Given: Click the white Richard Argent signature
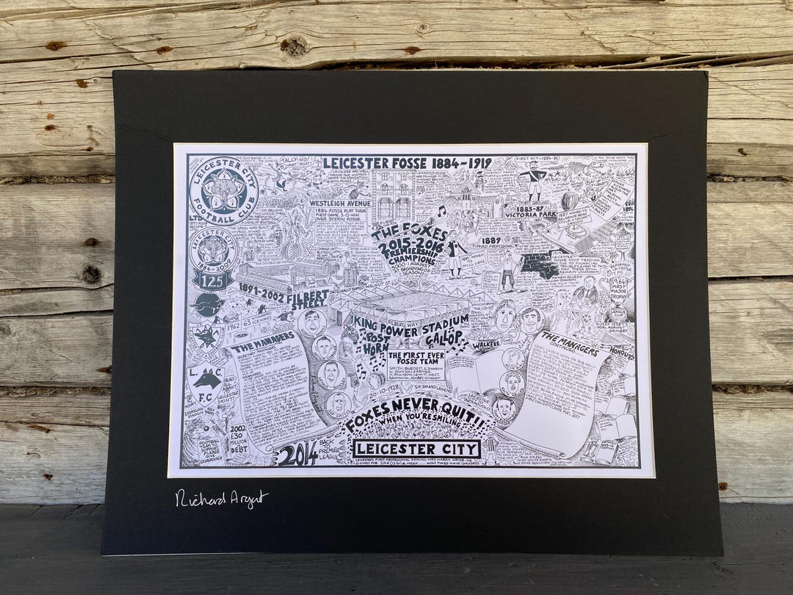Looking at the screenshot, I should pyautogui.click(x=222, y=499).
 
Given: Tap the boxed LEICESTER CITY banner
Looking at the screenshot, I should pyautogui.click(x=417, y=448).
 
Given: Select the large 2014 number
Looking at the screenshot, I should pyautogui.click(x=298, y=454).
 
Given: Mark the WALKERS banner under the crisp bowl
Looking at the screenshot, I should pyautogui.click(x=485, y=343).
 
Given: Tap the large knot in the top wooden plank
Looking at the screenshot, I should pyautogui.click(x=294, y=46).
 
